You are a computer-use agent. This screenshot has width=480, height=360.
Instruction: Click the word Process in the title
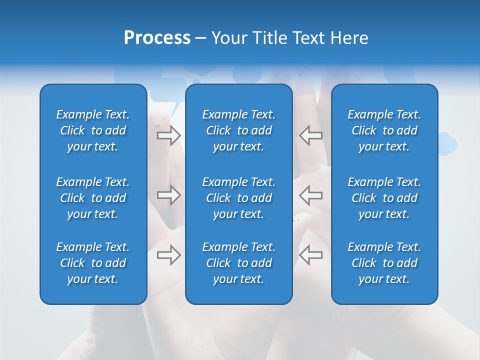[x=157, y=38]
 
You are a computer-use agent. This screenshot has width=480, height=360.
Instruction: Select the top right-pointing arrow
[x=168, y=135]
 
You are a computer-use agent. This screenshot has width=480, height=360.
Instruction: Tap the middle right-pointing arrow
[x=168, y=195]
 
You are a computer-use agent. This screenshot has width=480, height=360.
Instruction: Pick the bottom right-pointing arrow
[x=168, y=255]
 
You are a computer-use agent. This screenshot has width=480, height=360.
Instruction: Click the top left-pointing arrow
[x=311, y=135]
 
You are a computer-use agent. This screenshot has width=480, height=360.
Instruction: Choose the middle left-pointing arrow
[x=311, y=195]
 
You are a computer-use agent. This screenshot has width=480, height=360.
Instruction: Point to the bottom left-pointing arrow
[x=311, y=255]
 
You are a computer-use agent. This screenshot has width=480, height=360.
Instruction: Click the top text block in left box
[x=93, y=130]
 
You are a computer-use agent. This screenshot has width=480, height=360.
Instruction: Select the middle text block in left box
[x=93, y=198]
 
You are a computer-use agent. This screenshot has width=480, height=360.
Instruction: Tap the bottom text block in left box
[x=93, y=263]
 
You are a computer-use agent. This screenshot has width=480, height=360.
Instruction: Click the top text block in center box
[x=238, y=130]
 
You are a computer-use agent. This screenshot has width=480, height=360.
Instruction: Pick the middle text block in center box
[x=238, y=198]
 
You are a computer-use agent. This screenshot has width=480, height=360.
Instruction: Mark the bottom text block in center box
[x=238, y=263]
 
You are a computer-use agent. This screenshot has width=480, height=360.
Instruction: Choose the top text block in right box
[x=384, y=130]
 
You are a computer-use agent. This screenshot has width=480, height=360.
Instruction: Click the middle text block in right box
[x=384, y=198]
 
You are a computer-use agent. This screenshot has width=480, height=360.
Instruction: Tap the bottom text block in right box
[x=384, y=263]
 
